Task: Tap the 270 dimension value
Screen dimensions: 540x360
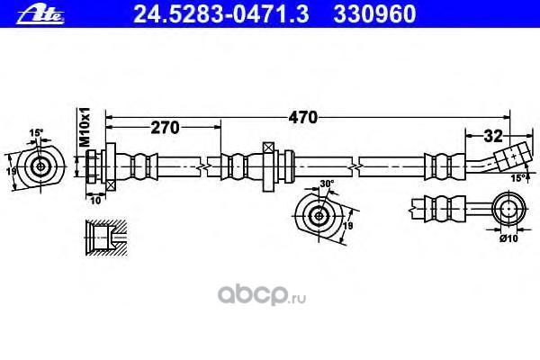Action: pyautogui.click(x=164, y=128)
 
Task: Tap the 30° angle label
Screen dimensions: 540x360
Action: pyautogui.click(x=326, y=184)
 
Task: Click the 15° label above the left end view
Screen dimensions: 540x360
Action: pyautogui.click(x=37, y=133)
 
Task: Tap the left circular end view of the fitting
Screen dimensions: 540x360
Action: pyautogui.click(x=40, y=166)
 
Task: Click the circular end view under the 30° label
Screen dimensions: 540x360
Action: pyautogui.click(x=319, y=215)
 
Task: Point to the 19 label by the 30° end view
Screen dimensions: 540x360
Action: pyautogui.click(x=348, y=228)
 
